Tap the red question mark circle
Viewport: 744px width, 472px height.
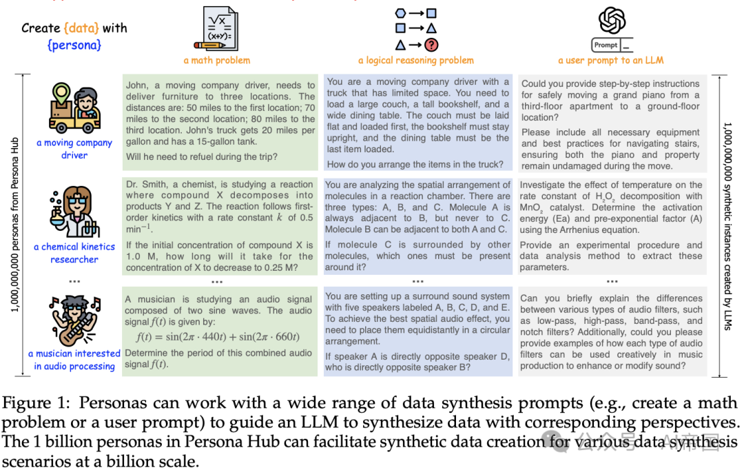pos(431,46)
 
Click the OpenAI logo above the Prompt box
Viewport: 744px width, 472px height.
pos(612,20)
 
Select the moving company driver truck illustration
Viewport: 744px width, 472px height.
pos(74,107)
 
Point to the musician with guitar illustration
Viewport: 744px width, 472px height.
pos(74,318)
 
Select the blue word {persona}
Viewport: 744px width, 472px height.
pos(74,45)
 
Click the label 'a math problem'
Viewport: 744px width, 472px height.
pos(217,61)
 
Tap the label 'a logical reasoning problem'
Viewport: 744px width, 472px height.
pos(416,61)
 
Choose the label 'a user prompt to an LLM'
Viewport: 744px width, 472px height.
pos(611,61)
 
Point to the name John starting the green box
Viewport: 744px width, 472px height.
pos(138,85)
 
